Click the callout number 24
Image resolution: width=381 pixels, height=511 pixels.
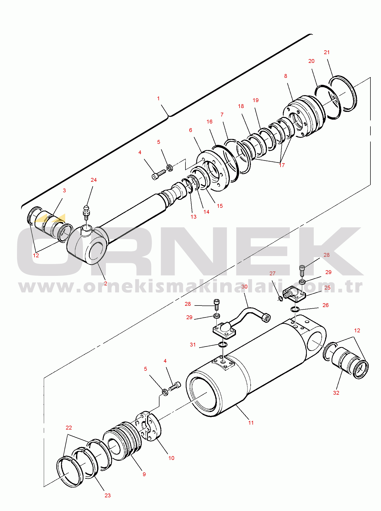click(x=94, y=180)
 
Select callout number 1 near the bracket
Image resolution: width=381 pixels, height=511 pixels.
click(x=158, y=98)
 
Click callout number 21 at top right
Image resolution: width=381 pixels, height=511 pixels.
click(x=327, y=52)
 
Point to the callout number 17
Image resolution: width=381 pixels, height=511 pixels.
click(x=282, y=165)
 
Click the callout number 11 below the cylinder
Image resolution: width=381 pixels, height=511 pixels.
click(x=251, y=423)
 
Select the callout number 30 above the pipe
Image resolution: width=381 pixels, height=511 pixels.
click(x=244, y=287)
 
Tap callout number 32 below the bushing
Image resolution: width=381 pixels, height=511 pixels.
click(x=336, y=393)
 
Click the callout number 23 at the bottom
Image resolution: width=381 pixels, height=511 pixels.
click(x=108, y=496)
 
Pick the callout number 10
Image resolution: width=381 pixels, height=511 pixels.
click(x=171, y=458)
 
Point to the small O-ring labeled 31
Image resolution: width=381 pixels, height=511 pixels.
click(x=223, y=344)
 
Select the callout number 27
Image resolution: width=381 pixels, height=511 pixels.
click(x=273, y=274)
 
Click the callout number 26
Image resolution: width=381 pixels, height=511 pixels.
click(x=326, y=305)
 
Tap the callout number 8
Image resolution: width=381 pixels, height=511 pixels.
click(x=285, y=76)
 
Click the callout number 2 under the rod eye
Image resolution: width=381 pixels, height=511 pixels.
click(x=106, y=284)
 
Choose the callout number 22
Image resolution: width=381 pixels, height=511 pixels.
click(x=69, y=428)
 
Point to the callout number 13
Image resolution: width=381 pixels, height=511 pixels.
click(x=193, y=217)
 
